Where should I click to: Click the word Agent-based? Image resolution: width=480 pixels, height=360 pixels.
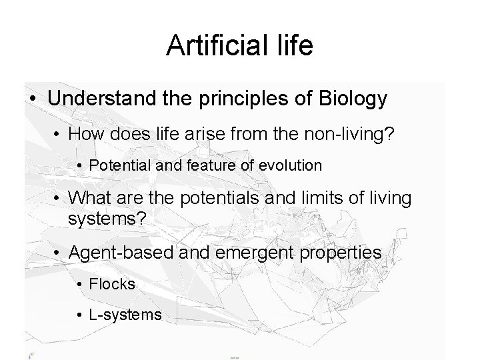pos(114,253)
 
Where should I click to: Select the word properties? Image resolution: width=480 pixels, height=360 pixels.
pos(338,253)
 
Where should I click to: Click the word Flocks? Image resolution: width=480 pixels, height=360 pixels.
pos(111,284)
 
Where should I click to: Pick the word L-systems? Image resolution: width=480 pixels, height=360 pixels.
pos(125,314)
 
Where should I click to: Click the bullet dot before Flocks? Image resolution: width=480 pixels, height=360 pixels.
pos(79,285)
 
